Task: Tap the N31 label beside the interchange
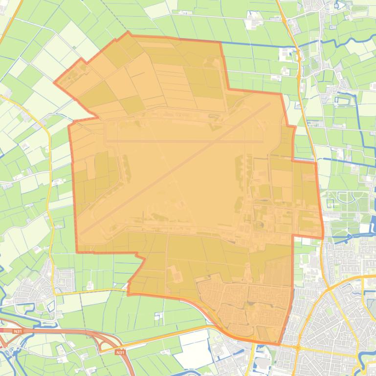click(120, 352)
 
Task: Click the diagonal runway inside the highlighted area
click(176, 166)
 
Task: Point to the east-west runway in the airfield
click(186, 142)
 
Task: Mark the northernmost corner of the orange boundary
click(128, 33)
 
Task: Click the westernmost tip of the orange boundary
click(54, 82)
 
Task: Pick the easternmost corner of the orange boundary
click(323, 238)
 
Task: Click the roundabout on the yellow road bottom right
click(297, 348)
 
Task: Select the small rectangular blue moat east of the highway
click(345, 101)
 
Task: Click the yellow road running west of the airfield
click(49, 195)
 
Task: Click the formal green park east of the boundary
click(342, 200)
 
